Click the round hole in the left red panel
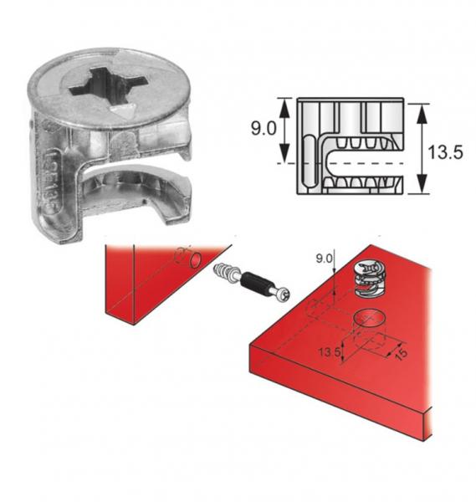click(x=194, y=261)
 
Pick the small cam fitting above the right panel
click(x=369, y=279)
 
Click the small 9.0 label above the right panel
click(x=325, y=260)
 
